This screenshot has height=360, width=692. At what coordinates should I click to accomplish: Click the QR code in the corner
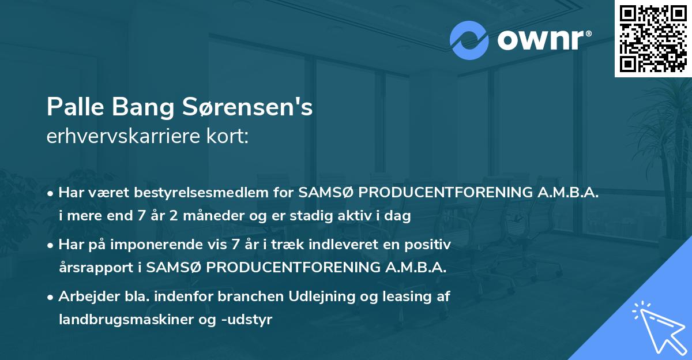point(653,38)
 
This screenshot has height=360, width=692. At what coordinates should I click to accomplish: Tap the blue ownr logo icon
point(469,40)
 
